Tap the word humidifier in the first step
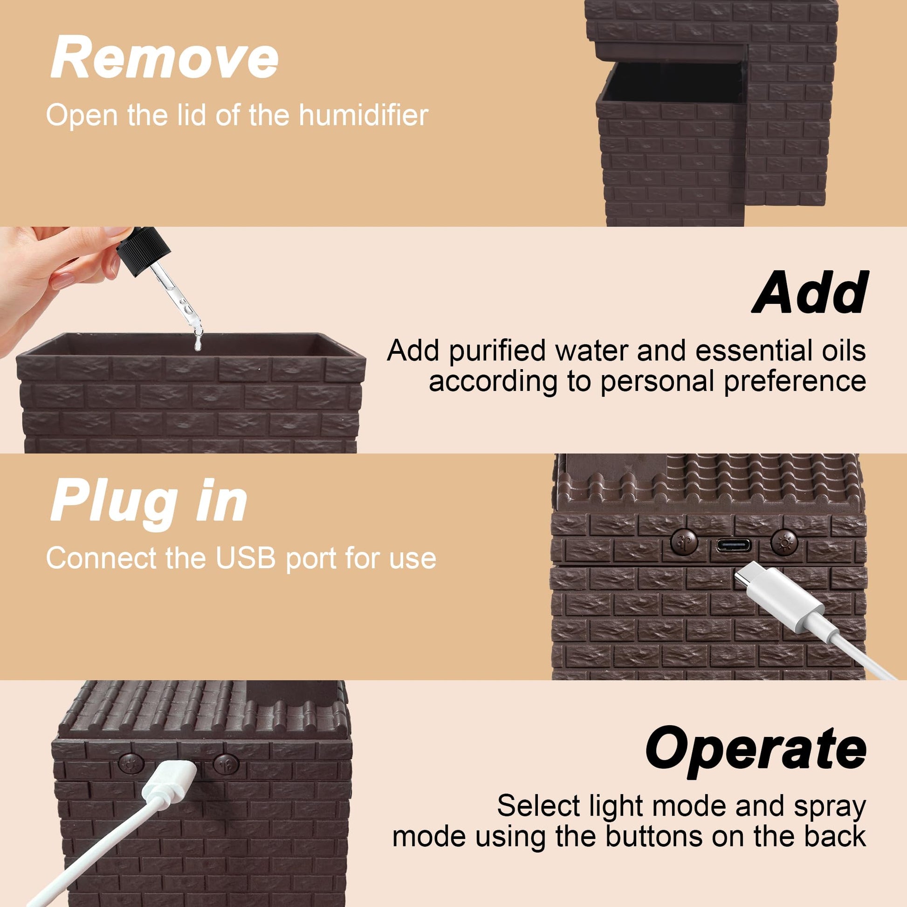tap(364, 116)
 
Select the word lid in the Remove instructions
tap(192, 116)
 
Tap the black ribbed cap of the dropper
tap(139, 251)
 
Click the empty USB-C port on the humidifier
tap(733, 545)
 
